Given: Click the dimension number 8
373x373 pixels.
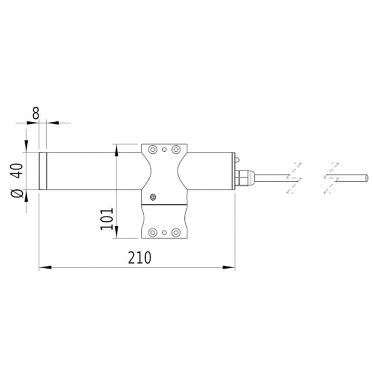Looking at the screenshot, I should tap(36, 113).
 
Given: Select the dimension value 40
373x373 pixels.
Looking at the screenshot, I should tap(18, 170).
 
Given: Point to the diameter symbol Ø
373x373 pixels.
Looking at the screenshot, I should tap(18, 194).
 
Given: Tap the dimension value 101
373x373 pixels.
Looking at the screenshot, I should tap(107, 219).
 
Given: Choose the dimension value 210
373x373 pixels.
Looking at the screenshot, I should tap(140, 258).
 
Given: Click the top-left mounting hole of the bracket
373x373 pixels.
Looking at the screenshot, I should tap(152, 150).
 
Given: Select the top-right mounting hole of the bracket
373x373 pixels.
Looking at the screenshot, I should tap(176, 150).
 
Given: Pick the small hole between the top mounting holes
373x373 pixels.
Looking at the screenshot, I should tap(164, 150).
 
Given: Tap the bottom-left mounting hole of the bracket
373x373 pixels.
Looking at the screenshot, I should tap(152, 232).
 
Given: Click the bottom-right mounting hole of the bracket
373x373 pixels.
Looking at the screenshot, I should tap(176, 232).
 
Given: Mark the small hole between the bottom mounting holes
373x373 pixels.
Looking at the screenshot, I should tap(164, 232).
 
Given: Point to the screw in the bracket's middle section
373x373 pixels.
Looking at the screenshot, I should tap(153, 197).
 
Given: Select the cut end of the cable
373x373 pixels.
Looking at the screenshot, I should tap(367, 178).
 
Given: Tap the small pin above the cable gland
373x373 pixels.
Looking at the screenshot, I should tap(237, 160).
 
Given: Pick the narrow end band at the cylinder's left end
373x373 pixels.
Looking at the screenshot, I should tap(43, 171).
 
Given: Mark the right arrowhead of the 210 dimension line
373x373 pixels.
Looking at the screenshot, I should tap(229, 267).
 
